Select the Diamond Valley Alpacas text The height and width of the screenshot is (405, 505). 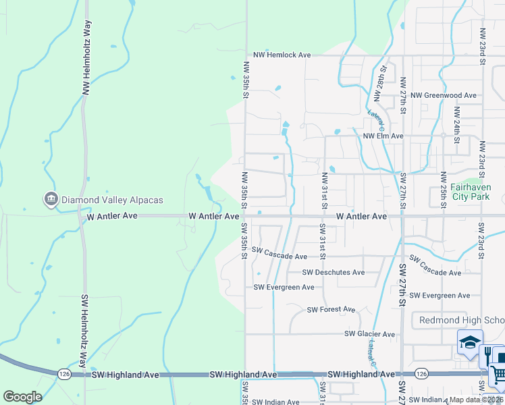[x=112, y=200]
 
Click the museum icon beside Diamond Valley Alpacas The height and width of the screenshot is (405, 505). [x=51, y=199]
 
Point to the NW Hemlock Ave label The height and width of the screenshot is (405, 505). [x=282, y=55]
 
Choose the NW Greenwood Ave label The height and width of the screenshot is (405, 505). [x=444, y=96]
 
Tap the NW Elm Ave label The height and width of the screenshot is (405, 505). [x=383, y=136]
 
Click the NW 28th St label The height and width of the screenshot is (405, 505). [x=382, y=78]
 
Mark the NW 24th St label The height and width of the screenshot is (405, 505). [x=457, y=119]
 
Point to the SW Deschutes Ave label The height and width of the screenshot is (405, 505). [x=334, y=273]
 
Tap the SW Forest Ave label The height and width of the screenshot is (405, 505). [x=331, y=310]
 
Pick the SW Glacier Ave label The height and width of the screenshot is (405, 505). [x=369, y=334]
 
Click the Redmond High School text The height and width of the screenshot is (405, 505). [x=462, y=320]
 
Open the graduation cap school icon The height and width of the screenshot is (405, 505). [x=470, y=342]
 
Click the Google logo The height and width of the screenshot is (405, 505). [x=22, y=397]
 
